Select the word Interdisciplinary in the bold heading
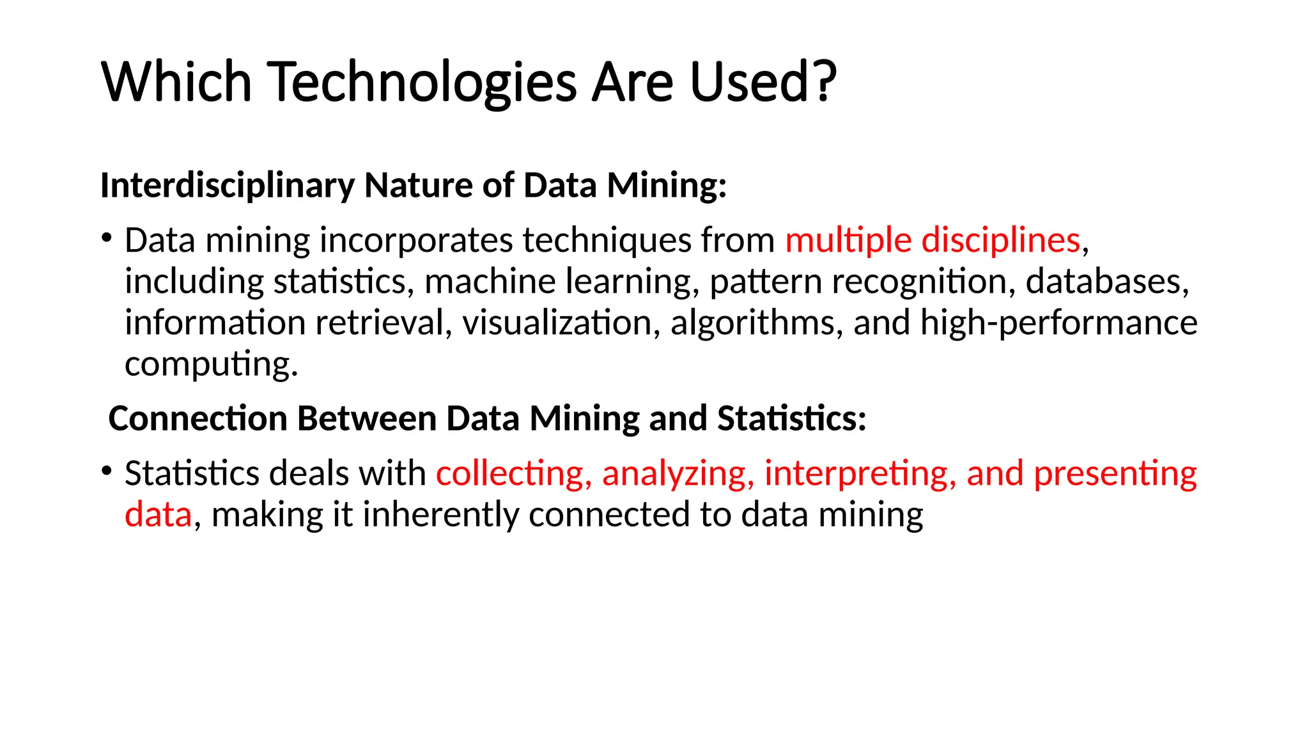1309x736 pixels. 227,186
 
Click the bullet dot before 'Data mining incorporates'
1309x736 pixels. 107,239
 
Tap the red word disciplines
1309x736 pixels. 1000,241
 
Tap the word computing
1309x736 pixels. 210,365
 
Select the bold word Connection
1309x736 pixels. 198,419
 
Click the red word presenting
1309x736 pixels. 1115,474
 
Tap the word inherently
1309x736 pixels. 440,515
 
